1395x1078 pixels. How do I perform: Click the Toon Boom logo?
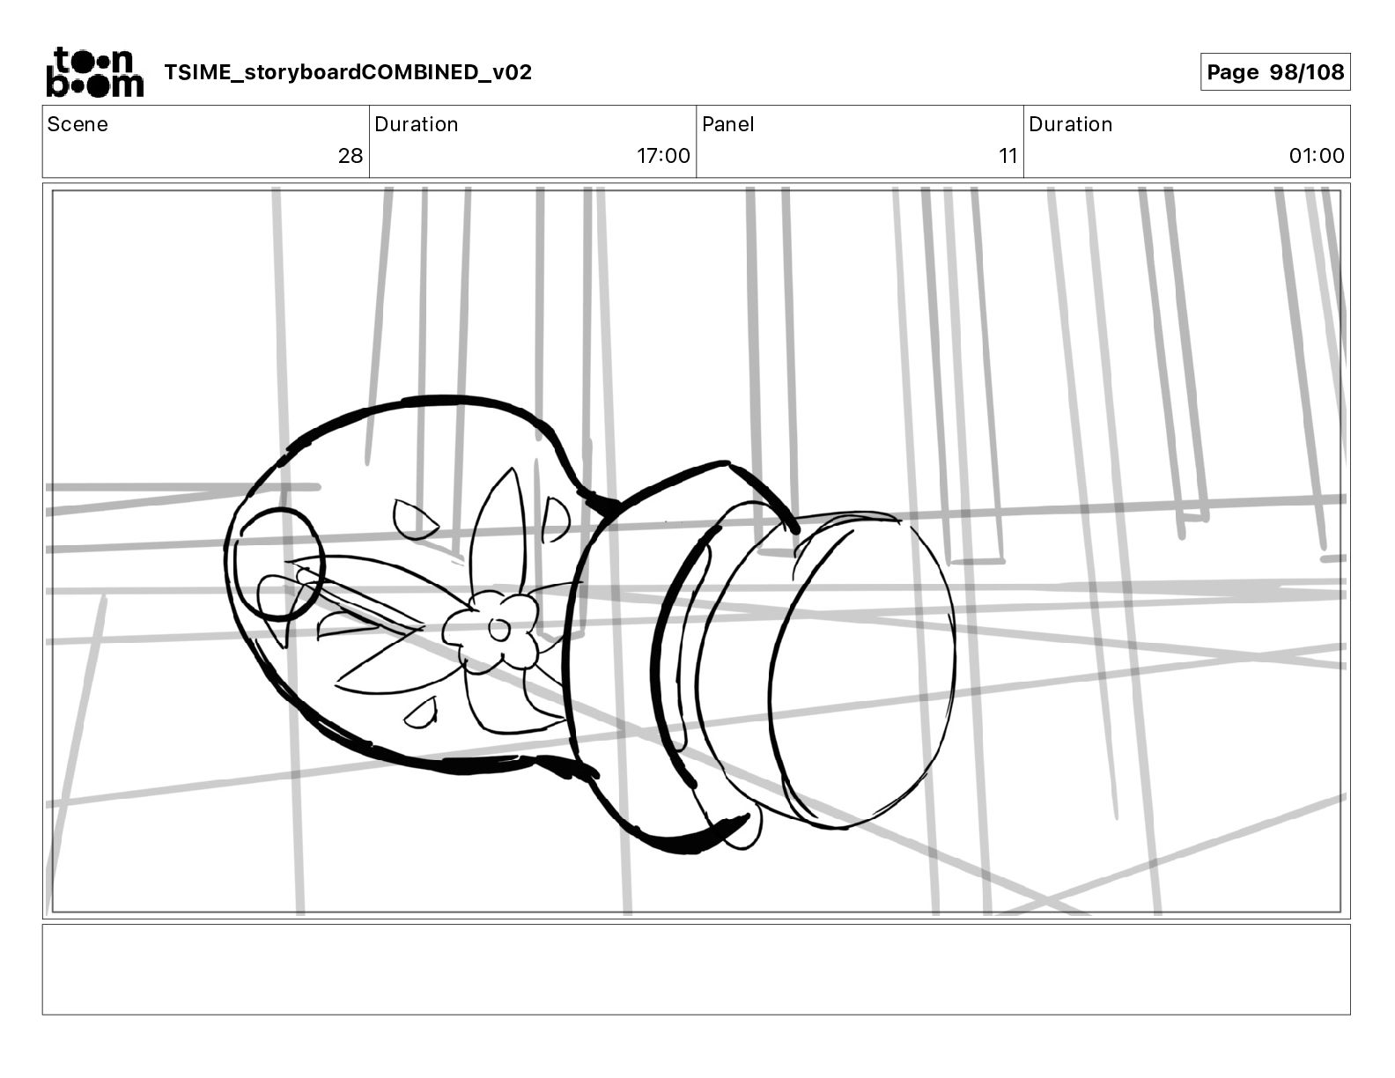coord(95,72)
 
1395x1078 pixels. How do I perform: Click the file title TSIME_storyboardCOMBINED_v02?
coord(348,72)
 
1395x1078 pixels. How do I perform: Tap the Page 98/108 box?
coord(1275,72)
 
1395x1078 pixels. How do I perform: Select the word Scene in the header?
coord(77,124)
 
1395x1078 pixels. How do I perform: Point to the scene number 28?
coord(351,155)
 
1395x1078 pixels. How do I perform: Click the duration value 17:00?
coord(663,155)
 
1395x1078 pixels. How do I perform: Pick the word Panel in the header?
coord(728,124)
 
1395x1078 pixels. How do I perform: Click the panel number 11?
coord(1008,155)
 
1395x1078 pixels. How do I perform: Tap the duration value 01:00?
coord(1317,155)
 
